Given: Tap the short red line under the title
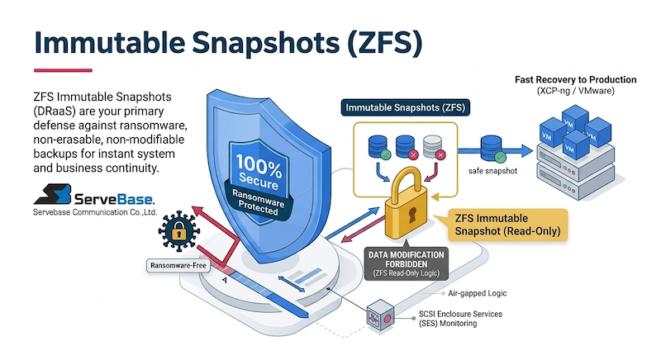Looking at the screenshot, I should pos(63,69).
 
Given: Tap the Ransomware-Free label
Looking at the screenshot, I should pos(177,266).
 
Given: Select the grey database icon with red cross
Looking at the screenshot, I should pos(433,146).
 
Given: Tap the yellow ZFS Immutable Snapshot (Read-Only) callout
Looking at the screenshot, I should pos(511,225).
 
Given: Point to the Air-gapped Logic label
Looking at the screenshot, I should pos(478,293).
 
